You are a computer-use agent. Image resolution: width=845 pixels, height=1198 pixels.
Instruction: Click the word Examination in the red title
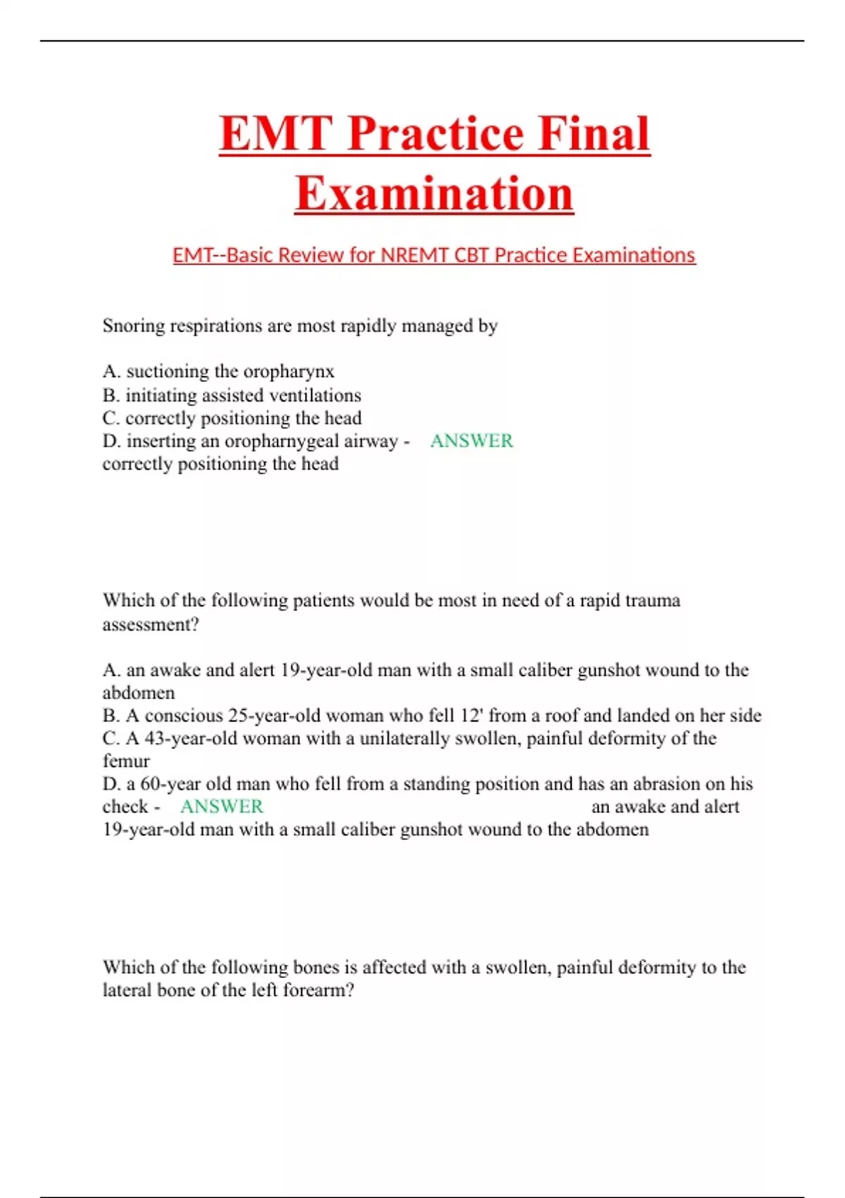pos(434,193)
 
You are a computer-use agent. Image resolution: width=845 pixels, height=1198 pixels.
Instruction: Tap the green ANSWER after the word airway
pos(471,441)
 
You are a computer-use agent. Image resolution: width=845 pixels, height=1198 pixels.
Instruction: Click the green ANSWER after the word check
pos(221,806)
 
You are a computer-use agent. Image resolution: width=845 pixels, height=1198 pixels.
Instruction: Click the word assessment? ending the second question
pos(151,624)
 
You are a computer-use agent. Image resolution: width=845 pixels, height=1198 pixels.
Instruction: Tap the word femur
pos(126,761)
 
